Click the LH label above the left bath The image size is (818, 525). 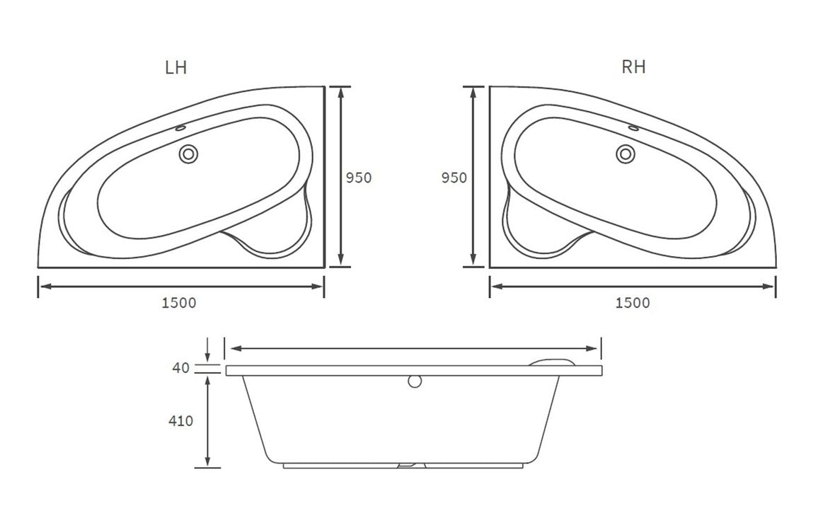pyautogui.click(x=175, y=68)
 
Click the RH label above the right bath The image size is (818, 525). pyautogui.click(x=633, y=67)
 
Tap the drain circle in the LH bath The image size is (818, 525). pyautogui.click(x=189, y=153)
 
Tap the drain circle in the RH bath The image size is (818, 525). pyautogui.click(x=625, y=153)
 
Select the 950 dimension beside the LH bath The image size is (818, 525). pyautogui.click(x=359, y=178)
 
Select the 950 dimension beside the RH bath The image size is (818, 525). pyautogui.click(x=454, y=178)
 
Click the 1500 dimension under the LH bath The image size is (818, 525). pyautogui.click(x=179, y=303)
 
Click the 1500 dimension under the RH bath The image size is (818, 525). pyautogui.click(x=633, y=303)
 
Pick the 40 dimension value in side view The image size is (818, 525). pyautogui.click(x=181, y=368)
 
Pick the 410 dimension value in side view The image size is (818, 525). pyautogui.click(x=181, y=420)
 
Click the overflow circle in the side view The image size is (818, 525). pyautogui.click(x=415, y=381)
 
